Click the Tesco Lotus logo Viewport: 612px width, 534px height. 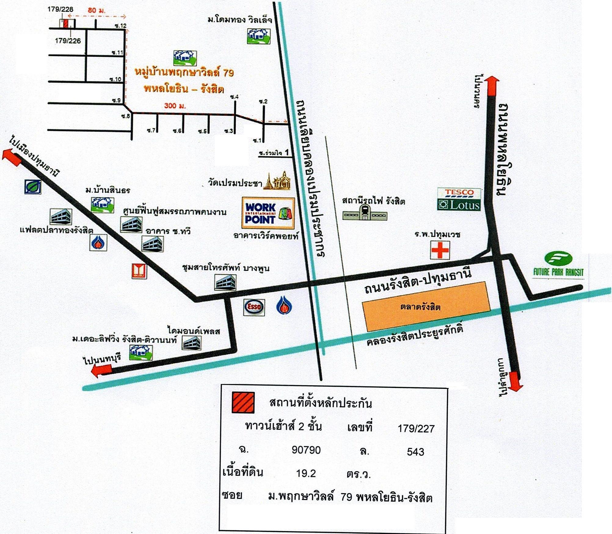[x=459, y=199]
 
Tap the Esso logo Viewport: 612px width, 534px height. [x=254, y=307]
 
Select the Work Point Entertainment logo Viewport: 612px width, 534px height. [x=268, y=213]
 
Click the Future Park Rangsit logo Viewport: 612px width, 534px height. [x=559, y=265]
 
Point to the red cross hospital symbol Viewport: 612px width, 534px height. [x=440, y=250]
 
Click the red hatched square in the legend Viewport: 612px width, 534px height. [x=243, y=402]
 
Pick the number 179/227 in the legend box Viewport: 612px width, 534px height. [x=416, y=429]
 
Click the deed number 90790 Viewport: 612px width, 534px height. [x=306, y=450]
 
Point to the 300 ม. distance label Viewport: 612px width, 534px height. [x=175, y=106]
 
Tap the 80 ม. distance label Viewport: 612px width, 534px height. [x=96, y=10]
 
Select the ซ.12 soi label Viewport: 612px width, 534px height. [x=121, y=26]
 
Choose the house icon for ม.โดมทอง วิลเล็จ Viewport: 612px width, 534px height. [x=258, y=36]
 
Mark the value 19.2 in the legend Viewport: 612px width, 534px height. [x=306, y=473]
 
